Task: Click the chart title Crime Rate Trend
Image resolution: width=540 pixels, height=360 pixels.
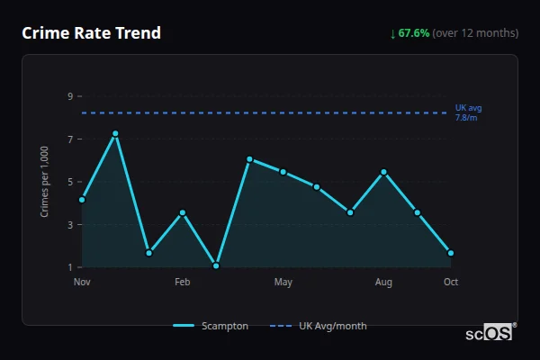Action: coord(91,33)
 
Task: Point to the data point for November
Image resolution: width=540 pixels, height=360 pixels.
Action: coord(82,199)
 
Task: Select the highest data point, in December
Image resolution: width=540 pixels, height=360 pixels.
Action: coord(115,133)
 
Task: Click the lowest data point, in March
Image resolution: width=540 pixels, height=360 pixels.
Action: coord(216,265)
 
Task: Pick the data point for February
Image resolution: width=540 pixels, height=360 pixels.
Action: coord(183,212)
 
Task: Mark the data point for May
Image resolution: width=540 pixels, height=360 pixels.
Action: coord(283,172)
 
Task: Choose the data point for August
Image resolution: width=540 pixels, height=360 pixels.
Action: coord(384,172)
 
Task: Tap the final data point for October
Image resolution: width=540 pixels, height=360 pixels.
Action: coord(451,253)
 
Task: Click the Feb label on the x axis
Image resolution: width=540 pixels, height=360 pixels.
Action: coord(183,283)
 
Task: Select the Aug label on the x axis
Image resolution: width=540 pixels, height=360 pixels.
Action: coord(384,283)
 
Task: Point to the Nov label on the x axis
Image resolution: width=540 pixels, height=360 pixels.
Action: coord(82,283)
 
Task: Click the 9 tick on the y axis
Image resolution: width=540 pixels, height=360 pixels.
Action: coord(69,96)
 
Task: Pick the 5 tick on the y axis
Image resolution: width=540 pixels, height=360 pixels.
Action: coord(69,182)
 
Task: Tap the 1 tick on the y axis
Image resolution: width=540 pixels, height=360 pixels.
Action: coord(69,267)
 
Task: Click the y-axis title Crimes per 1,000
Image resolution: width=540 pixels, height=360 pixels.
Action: coord(45,182)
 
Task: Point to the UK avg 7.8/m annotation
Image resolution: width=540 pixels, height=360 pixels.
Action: coord(468,112)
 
